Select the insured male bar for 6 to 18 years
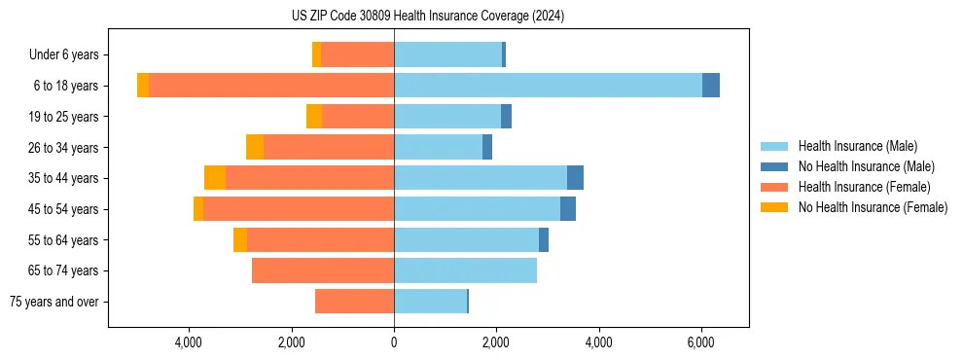(x=548, y=86)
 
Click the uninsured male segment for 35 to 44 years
(x=575, y=178)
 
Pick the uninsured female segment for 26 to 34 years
(x=255, y=147)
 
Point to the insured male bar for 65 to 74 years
(x=465, y=270)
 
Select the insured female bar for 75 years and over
(x=354, y=302)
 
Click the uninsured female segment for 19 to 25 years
(x=314, y=117)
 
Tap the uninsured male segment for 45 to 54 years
(x=568, y=209)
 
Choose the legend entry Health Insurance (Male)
(x=856, y=146)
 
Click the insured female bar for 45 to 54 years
(x=299, y=209)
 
